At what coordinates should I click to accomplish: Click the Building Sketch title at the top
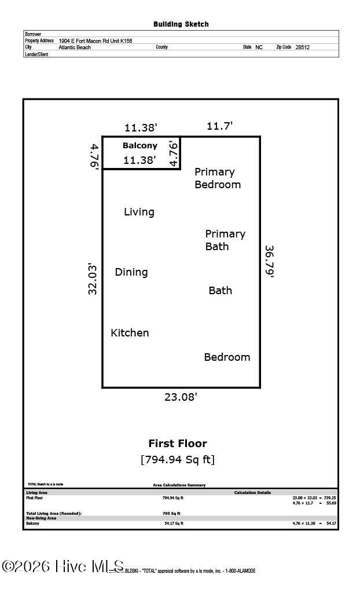pyautogui.click(x=181, y=24)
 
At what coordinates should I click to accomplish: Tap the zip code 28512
pyautogui.click(x=302, y=47)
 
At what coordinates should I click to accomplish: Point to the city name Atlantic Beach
pyautogui.click(x=75, y=47)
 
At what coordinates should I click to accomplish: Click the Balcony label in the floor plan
pyautogui.click(x=139, y=146)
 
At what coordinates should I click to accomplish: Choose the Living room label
pyautogui.click(x=139, y=212)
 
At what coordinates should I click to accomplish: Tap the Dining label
pyautogui.click(x=131, y=272)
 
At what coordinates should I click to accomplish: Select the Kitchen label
pyautogui.click(x=130, y=333)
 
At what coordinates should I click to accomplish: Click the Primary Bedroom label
pyautogui.click(x=217, y=178)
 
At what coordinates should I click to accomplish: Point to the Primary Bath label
pyautogui.click(x=225, y=240)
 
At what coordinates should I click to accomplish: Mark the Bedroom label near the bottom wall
pyautogui.click(x=227, y=357)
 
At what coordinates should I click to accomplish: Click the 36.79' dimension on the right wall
pyautogui.click(x=269, y=262)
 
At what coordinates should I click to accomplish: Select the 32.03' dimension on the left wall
pyautogui.click(x=93, y=279)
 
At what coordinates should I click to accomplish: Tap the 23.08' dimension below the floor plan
pyautogui.click(x=181, y=397)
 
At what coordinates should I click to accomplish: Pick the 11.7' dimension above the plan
pyautogui.click(x=220, y=126)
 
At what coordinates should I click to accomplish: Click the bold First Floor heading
pyautogui.click(x=178, y=444)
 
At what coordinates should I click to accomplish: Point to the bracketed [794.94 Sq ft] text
pyautogui.click(x=178, y=460)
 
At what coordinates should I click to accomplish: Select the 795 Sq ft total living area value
pyautogui.click(x=171, y=513)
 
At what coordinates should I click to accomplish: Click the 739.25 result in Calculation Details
pyautogui.click(x=329, y=497)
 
